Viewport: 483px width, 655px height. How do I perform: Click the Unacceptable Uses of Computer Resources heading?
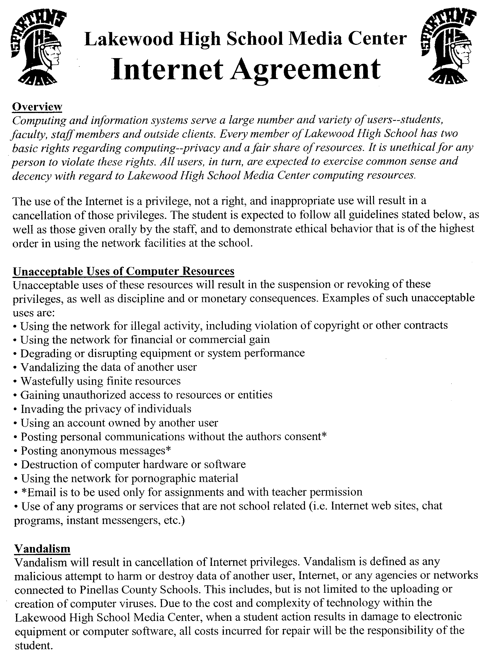[x=123, y=271]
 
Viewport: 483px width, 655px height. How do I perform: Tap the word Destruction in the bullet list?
[x=49, y=464]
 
